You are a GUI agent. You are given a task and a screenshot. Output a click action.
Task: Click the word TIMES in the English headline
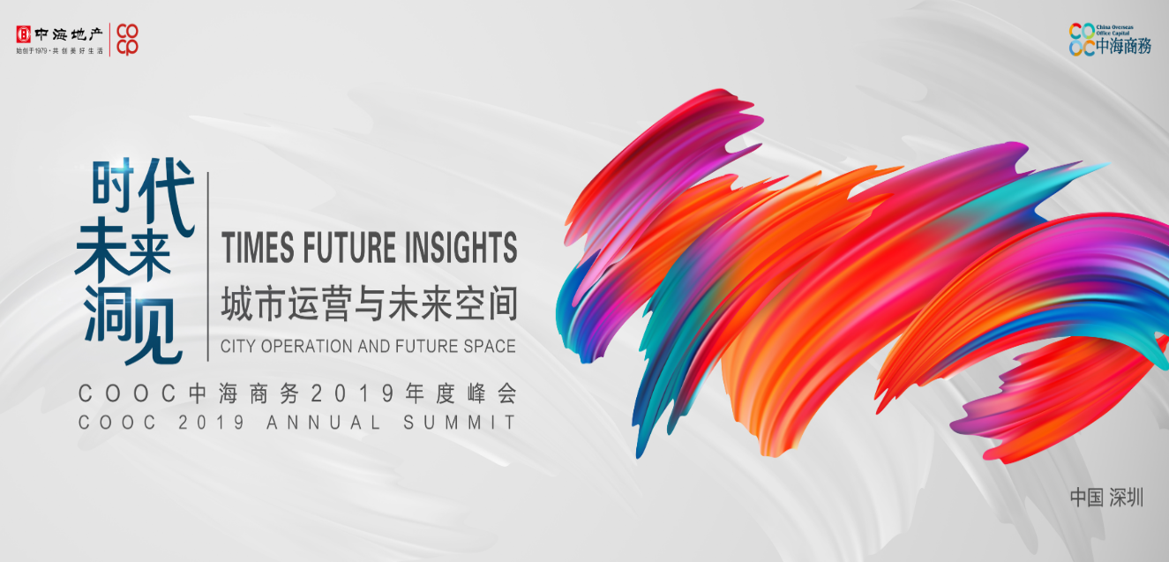coord(259,249)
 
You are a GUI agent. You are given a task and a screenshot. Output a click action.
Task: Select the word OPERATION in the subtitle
coord(308,347)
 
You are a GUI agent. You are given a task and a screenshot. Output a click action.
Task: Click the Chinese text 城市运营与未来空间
coord(368,305)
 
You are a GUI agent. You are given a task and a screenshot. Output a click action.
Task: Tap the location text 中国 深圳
coord(1106,498)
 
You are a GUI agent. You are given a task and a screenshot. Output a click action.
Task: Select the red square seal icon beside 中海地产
coord(24,35)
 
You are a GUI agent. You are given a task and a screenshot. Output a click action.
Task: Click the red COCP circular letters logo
coord(128,39)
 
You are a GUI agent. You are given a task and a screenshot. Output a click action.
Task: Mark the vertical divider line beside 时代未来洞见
coord(207,266)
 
